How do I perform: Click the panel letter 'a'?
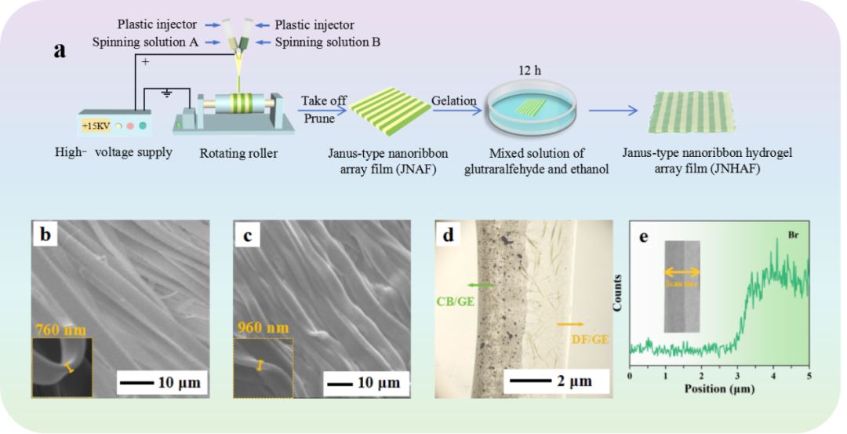tap(60, 51)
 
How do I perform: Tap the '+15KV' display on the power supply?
tap(96, 125)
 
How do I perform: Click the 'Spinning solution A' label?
tap(144, 42)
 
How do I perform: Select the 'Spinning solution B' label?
tap(327, 42)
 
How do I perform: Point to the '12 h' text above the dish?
tap(530, 71)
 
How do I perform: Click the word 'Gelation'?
tap(453, 100)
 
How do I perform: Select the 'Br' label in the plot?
tap(793, 234)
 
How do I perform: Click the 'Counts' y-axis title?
tap(619, 293)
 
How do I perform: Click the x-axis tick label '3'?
tap(737, 377)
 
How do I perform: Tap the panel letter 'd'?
tap(449, 235)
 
